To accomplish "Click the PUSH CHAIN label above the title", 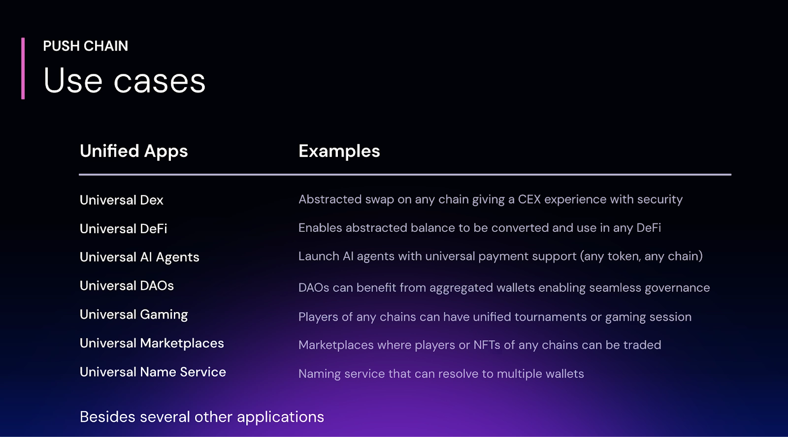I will coord(85,46).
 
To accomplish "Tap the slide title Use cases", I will coord(124,81).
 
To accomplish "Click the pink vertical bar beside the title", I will coord(23,68).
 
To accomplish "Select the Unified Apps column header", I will coord(133,151).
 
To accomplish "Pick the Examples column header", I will coord(339,151).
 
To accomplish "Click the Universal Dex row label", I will coord(121,200).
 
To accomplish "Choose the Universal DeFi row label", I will coord(123,229).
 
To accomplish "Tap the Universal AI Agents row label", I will coord(139,257).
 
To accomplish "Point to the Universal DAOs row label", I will coord(127,286).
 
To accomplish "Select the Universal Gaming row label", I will coord(133,315).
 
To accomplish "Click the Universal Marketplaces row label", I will coord(152,343).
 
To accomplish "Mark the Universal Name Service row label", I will coord(153,372).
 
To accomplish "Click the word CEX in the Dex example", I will coord(529,199).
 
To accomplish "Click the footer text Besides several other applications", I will coord(202,417).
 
